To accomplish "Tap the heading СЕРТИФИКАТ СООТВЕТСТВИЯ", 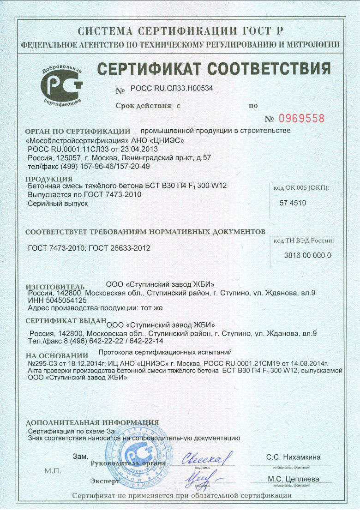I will tap(214, 69).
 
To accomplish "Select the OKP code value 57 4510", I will tap(293, 203).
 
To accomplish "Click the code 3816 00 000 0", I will tap(307, 255).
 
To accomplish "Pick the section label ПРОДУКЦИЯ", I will tap(48, 179).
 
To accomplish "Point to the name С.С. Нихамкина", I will tap(293, 457).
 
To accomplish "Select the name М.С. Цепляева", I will tap(294, 479).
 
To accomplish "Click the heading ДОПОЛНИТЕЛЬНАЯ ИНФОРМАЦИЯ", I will tap(92, 422).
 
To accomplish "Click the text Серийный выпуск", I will tap(58, 203).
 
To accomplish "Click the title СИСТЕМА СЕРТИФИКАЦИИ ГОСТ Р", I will tap(180, 31).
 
